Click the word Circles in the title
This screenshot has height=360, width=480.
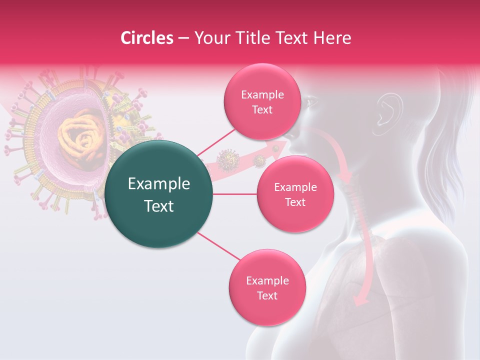[x=146, y=38]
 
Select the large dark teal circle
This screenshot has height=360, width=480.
[x=159, y=194]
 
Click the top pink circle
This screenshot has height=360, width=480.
[x=262, y=102]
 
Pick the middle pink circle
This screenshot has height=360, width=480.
[x=295, y=194]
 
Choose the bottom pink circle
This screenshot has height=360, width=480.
[x=267, y=287]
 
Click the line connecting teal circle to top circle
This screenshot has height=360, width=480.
[x=216, y=142]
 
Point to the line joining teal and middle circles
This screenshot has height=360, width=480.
[x=235, y=194]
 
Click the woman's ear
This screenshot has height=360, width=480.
[x=389, y=108]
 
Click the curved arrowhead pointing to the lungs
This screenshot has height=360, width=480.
[x=361, y=299]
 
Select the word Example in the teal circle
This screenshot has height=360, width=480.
[x=159, y=184]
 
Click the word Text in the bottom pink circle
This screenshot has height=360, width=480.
[x=267, y=295]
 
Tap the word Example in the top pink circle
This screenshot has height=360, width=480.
[x=262, y=95]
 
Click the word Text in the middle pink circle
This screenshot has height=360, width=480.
[x=295, y=202]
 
